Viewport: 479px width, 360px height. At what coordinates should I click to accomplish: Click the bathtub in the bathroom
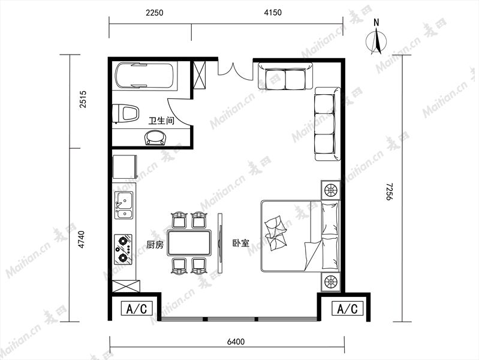click(x=146, y=76)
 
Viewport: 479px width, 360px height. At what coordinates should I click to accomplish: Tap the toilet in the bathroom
click(x=125, y=113)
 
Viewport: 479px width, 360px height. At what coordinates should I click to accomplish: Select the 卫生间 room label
click(x=161, y=121)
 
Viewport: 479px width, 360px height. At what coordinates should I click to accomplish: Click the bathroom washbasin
click(x=155, y=137)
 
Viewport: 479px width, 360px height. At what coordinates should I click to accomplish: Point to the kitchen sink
click(x=123, y=205)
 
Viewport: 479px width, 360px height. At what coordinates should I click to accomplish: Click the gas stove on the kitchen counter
click(x=123, y=249)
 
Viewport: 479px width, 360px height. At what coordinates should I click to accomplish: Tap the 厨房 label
click(x=155, y=245)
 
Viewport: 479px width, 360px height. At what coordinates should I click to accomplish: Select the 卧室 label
click(x=241, y=243)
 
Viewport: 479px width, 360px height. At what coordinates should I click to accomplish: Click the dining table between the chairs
click(x=189, y=242)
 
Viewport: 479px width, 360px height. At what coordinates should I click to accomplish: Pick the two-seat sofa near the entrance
click(x=285, y=76)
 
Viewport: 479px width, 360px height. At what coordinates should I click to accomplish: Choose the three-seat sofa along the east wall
click(x=328, y=124)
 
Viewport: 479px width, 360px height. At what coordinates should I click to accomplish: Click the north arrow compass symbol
click(x=376, y=39)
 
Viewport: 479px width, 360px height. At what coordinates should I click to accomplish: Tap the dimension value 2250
click(x=155, y=13)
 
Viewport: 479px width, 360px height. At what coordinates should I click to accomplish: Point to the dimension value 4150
click(x=273, y=13)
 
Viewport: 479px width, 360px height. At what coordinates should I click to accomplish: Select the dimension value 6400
click(x=236, y=341)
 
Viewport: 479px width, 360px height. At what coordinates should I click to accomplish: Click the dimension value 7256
click(x=389, y=192)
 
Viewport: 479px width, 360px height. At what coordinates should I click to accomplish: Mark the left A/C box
click(x=137, y=308)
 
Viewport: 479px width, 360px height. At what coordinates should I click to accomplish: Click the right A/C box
click(x=347, y=308)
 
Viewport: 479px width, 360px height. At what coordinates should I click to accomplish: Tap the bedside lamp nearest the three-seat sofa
click(x=330, y=190)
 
